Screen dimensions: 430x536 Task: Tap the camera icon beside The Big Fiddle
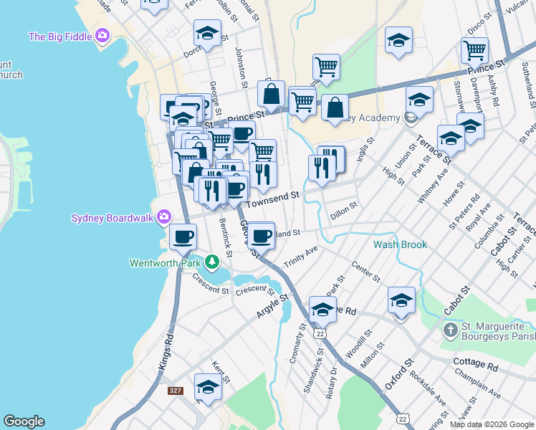102,35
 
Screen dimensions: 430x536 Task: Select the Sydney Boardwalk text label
113,217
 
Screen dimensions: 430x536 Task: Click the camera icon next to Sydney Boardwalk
164,216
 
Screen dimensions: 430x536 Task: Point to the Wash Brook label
400,244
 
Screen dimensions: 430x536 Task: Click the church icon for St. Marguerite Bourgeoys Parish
450,330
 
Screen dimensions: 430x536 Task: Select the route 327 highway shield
175,391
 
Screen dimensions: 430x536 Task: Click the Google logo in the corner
24,421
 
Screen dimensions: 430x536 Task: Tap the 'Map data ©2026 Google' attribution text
491,424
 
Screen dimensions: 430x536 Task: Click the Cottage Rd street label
474,365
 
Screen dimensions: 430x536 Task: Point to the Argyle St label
272,305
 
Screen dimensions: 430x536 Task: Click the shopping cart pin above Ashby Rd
474,51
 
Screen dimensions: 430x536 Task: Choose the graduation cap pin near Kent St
208,387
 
